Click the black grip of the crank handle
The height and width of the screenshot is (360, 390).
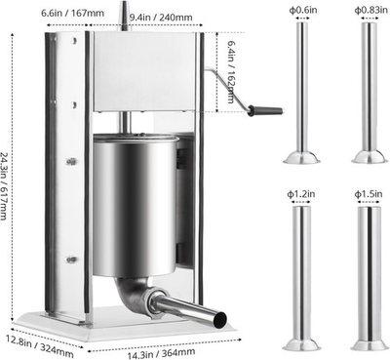click(x=264, y=110)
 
